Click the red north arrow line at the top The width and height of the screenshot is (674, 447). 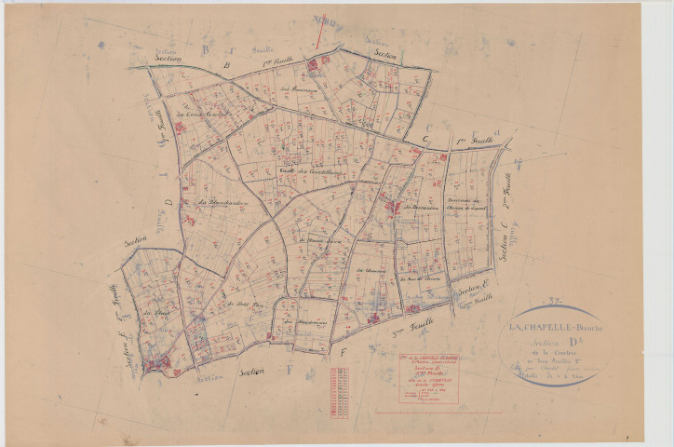point(319,32)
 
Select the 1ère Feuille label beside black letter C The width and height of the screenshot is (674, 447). point(473,141)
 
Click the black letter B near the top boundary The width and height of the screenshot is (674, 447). point(226,65)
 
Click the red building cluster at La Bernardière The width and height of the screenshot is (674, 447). point(393,207)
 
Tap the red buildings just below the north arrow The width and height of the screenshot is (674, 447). point(314,65)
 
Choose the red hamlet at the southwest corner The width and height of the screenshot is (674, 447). point(160,361)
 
